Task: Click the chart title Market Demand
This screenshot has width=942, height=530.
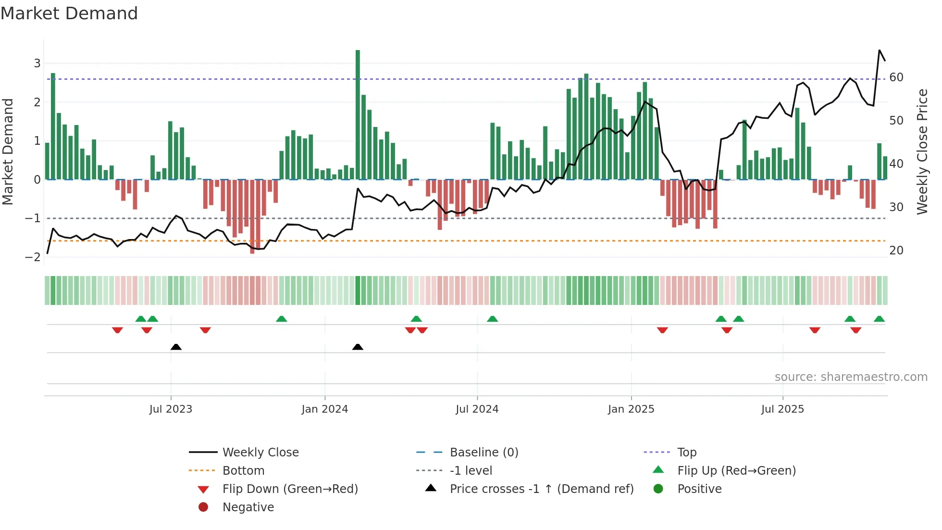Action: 69,13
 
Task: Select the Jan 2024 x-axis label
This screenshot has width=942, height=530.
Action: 324,409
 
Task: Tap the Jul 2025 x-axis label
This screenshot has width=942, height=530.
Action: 782,409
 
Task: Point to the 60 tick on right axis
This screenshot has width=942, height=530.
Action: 896,77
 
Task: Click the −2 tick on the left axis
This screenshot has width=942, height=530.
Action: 33,257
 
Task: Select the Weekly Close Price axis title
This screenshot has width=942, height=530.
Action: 922,151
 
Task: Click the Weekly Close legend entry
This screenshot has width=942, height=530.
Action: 260,453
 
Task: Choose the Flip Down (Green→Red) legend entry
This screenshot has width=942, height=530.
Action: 290,489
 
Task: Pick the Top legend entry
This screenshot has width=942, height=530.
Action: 687,453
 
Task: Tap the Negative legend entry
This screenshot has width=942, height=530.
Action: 248,507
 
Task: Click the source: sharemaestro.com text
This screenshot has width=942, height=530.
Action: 851,377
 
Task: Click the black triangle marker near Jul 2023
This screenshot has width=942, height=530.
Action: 176,347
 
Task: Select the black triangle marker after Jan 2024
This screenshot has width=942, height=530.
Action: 358,347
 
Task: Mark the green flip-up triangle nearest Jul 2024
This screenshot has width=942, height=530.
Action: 492,319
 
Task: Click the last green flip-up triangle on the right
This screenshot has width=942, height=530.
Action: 879,319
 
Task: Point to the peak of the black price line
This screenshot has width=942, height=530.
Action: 880,50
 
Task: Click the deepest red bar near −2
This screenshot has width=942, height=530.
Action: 252,216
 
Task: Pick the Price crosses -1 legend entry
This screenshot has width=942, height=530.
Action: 541,489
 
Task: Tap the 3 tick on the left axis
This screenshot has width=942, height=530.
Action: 37,63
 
